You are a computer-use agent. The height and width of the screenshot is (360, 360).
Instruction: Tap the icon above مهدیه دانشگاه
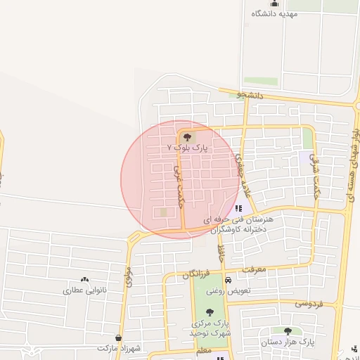tap(274, 4)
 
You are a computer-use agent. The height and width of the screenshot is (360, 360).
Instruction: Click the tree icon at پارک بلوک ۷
tap(186, 138)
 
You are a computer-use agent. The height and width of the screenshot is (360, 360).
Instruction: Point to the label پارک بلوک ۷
tap(185, 148)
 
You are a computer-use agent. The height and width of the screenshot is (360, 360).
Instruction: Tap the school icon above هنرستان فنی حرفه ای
tap(238, 209)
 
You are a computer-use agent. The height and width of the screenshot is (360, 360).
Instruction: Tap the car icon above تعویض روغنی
tap(226, 281)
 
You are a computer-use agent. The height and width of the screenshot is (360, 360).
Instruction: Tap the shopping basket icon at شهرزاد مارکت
tap(117, 338)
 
